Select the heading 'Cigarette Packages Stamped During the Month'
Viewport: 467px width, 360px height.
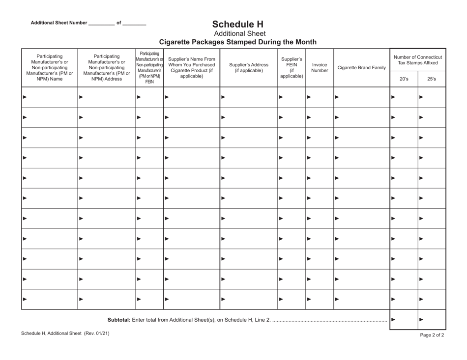[x=238, y=42]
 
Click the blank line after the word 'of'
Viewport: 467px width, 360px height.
[x=134, y=24]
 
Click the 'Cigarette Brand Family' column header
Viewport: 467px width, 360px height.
[x=361, y=68]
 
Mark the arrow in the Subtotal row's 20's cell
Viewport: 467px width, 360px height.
[x=393, y=320]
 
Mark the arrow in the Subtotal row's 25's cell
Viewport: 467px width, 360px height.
[x=421, y=320]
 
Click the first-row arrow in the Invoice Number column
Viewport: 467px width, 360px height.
[x=309, y=97]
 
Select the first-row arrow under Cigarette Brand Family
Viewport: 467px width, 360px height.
[x=337, y=97]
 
